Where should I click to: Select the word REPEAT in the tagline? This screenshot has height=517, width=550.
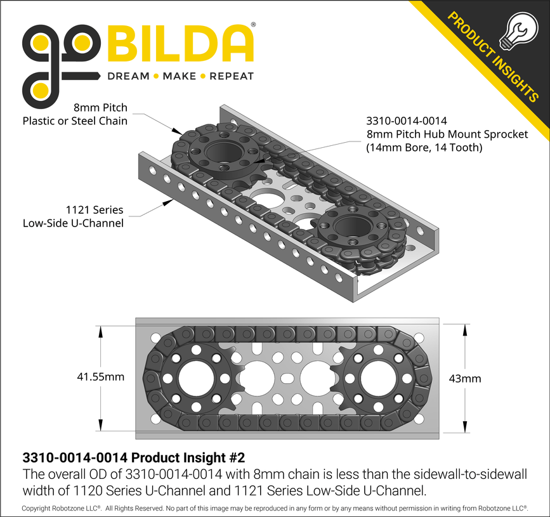[x=232, y=76]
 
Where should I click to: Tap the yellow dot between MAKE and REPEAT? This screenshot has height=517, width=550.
[x=204, y=76]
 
